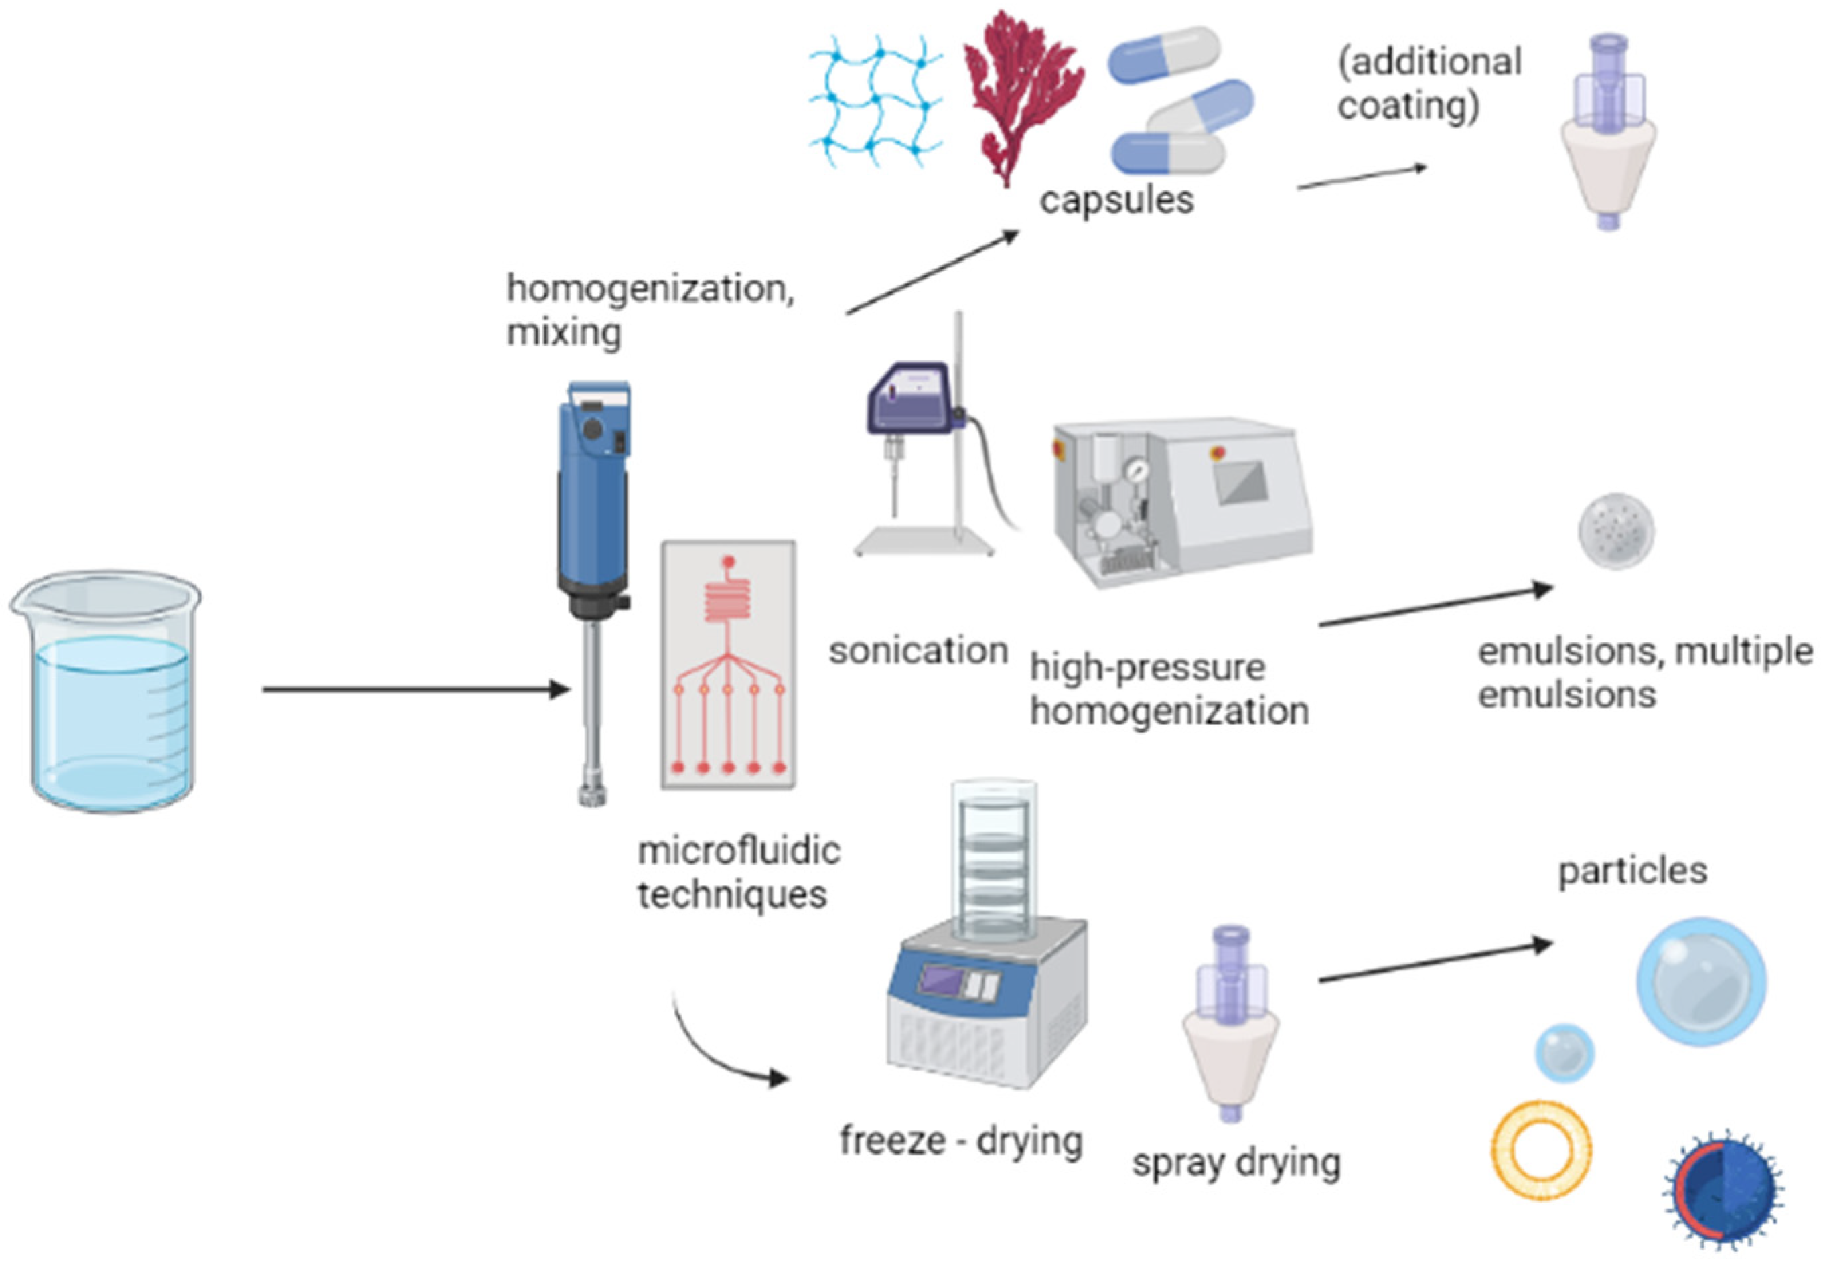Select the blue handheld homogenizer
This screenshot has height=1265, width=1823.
(x=593, y=555)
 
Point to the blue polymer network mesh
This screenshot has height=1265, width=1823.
(x=875, y=101)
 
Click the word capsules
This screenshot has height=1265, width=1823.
(x=1116, y=200)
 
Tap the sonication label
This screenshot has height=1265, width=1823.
(x=918, y=651)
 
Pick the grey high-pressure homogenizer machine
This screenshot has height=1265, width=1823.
(x=1181, y=504)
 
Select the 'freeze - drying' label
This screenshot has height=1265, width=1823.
(x=960, y=1141)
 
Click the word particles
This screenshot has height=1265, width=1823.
(x=1632, y=871)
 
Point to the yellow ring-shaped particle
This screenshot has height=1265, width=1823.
(x=1541, y=1150)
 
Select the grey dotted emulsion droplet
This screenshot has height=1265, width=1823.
(x=1616, y=530)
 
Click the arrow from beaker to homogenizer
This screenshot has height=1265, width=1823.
(x=415, y=690)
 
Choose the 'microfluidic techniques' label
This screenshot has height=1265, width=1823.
(x=738, y=873)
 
